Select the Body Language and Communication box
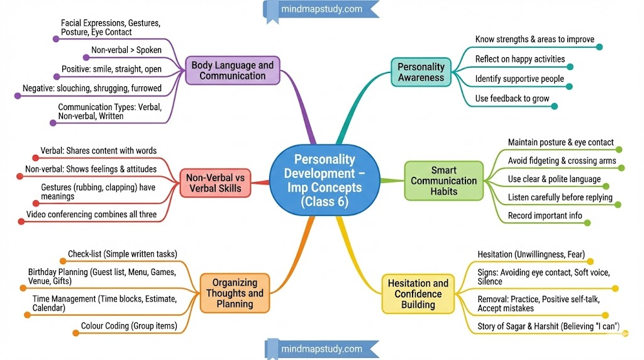point(233,70)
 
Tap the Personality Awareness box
point(421,72)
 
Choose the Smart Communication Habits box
point(443,181)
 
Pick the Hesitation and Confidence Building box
point(418,294)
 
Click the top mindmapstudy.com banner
point(322,9)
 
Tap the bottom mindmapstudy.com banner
point(322,349)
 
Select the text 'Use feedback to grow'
point(512,98)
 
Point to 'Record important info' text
point(545,216)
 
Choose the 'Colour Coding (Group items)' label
point(129,326)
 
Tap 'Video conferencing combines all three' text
point(91,215)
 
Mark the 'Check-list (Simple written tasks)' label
point(121,254)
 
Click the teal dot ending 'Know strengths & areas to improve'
point(599,47)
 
